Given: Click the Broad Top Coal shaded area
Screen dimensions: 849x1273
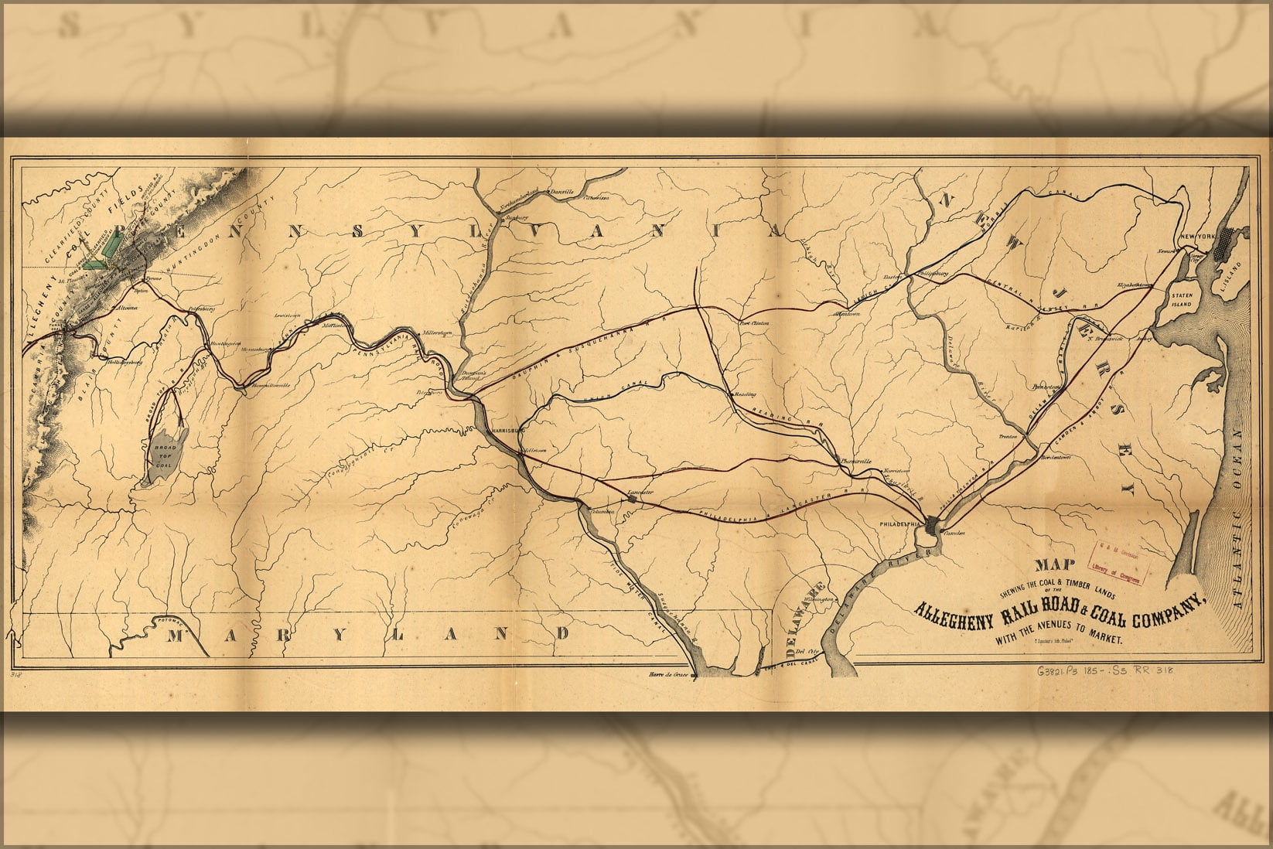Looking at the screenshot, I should coord(166,456).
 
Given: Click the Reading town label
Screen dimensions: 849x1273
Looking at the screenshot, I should coord(744,394).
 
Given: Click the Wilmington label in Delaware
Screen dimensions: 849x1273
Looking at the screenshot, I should coord(817,599).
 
